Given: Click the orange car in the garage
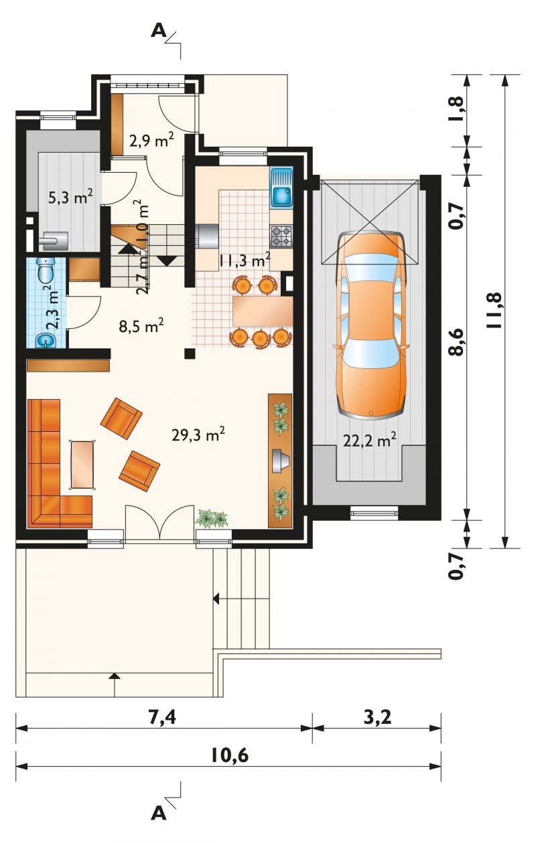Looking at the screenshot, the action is click(x=371, y=325).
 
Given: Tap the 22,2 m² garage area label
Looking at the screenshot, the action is click(x=369, y=439).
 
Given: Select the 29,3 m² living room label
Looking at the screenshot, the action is click(x=198, y=435).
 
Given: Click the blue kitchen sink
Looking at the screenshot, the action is click(x=282, y=187).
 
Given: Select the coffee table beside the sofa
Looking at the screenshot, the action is click(x=82, y=465).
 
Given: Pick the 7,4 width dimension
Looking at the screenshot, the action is click(x=162, y=717).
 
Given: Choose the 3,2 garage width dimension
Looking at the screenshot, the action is click(x=377, y=717).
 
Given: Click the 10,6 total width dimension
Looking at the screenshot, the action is click(x=230, y=755).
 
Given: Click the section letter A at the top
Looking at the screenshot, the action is click(x=159, y=31).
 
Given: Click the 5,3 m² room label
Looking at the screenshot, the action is click(x=70, y=197).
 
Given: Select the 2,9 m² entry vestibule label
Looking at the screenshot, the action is click(x=151, y=140).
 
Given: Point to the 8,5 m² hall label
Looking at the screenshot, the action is click(x=141, y=326).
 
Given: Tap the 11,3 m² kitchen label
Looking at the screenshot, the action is click(x=245, y=259).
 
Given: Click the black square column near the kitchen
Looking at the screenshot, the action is click(x=190, y=354).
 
